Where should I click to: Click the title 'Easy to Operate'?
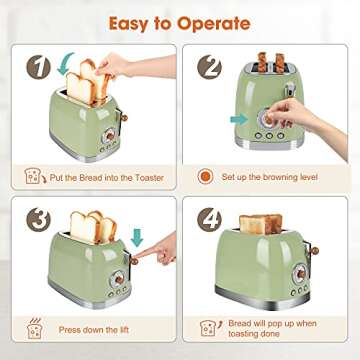[x=180, y=21]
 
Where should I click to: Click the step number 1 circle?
[x=37, y=67]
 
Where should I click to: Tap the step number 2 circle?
[x=209, y=67]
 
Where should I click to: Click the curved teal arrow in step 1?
[x=66, y=68]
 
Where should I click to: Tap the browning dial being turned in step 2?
[x=267, y=119]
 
